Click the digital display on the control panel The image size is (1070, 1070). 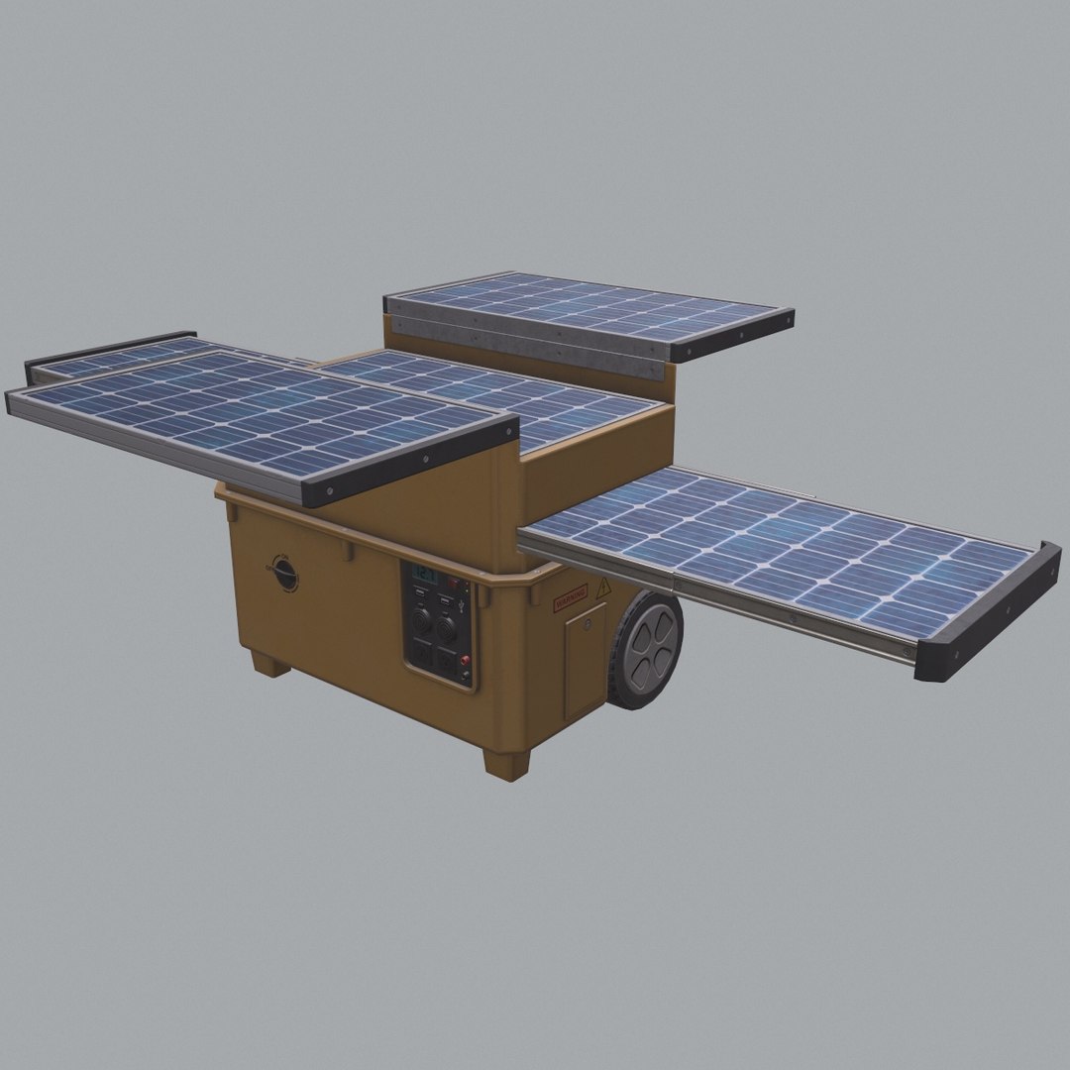click(x=424, y=575)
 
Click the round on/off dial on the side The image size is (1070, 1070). click(x=285, y=573)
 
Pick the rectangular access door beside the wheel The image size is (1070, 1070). click(x=585, y=659)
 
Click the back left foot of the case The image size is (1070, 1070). click(x=269, y=663)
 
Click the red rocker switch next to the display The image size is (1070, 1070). click(x=453, y=582)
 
